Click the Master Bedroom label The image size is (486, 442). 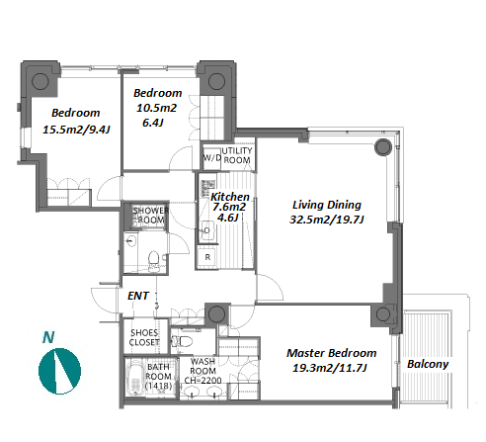tap(331, 353)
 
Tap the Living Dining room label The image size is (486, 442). tap(327, 205)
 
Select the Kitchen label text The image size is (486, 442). tap(230, 197)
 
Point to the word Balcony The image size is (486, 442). tap(428, 364)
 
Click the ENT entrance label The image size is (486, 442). tap(138, 296)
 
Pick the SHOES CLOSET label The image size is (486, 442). tap(144, 337)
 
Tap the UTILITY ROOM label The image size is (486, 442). tap(237, 155)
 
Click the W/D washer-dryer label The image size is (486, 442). tap(212, 157)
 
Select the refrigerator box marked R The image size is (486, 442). tap(207, 257)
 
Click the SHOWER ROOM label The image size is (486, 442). tap(151, 216)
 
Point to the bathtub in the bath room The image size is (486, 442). tap(135, 378)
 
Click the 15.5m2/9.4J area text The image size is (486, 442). tap(76, 130)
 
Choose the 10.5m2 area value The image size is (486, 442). tap(156, 108)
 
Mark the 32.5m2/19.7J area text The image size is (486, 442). tap(327, 220)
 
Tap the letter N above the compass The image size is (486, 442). tap(48, 337)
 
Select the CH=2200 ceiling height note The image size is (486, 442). tap(202, 381)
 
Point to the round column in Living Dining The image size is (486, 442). tap(383, 147)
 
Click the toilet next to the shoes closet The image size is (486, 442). tap(182, 341)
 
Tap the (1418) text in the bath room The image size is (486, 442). tap(159, 386)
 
